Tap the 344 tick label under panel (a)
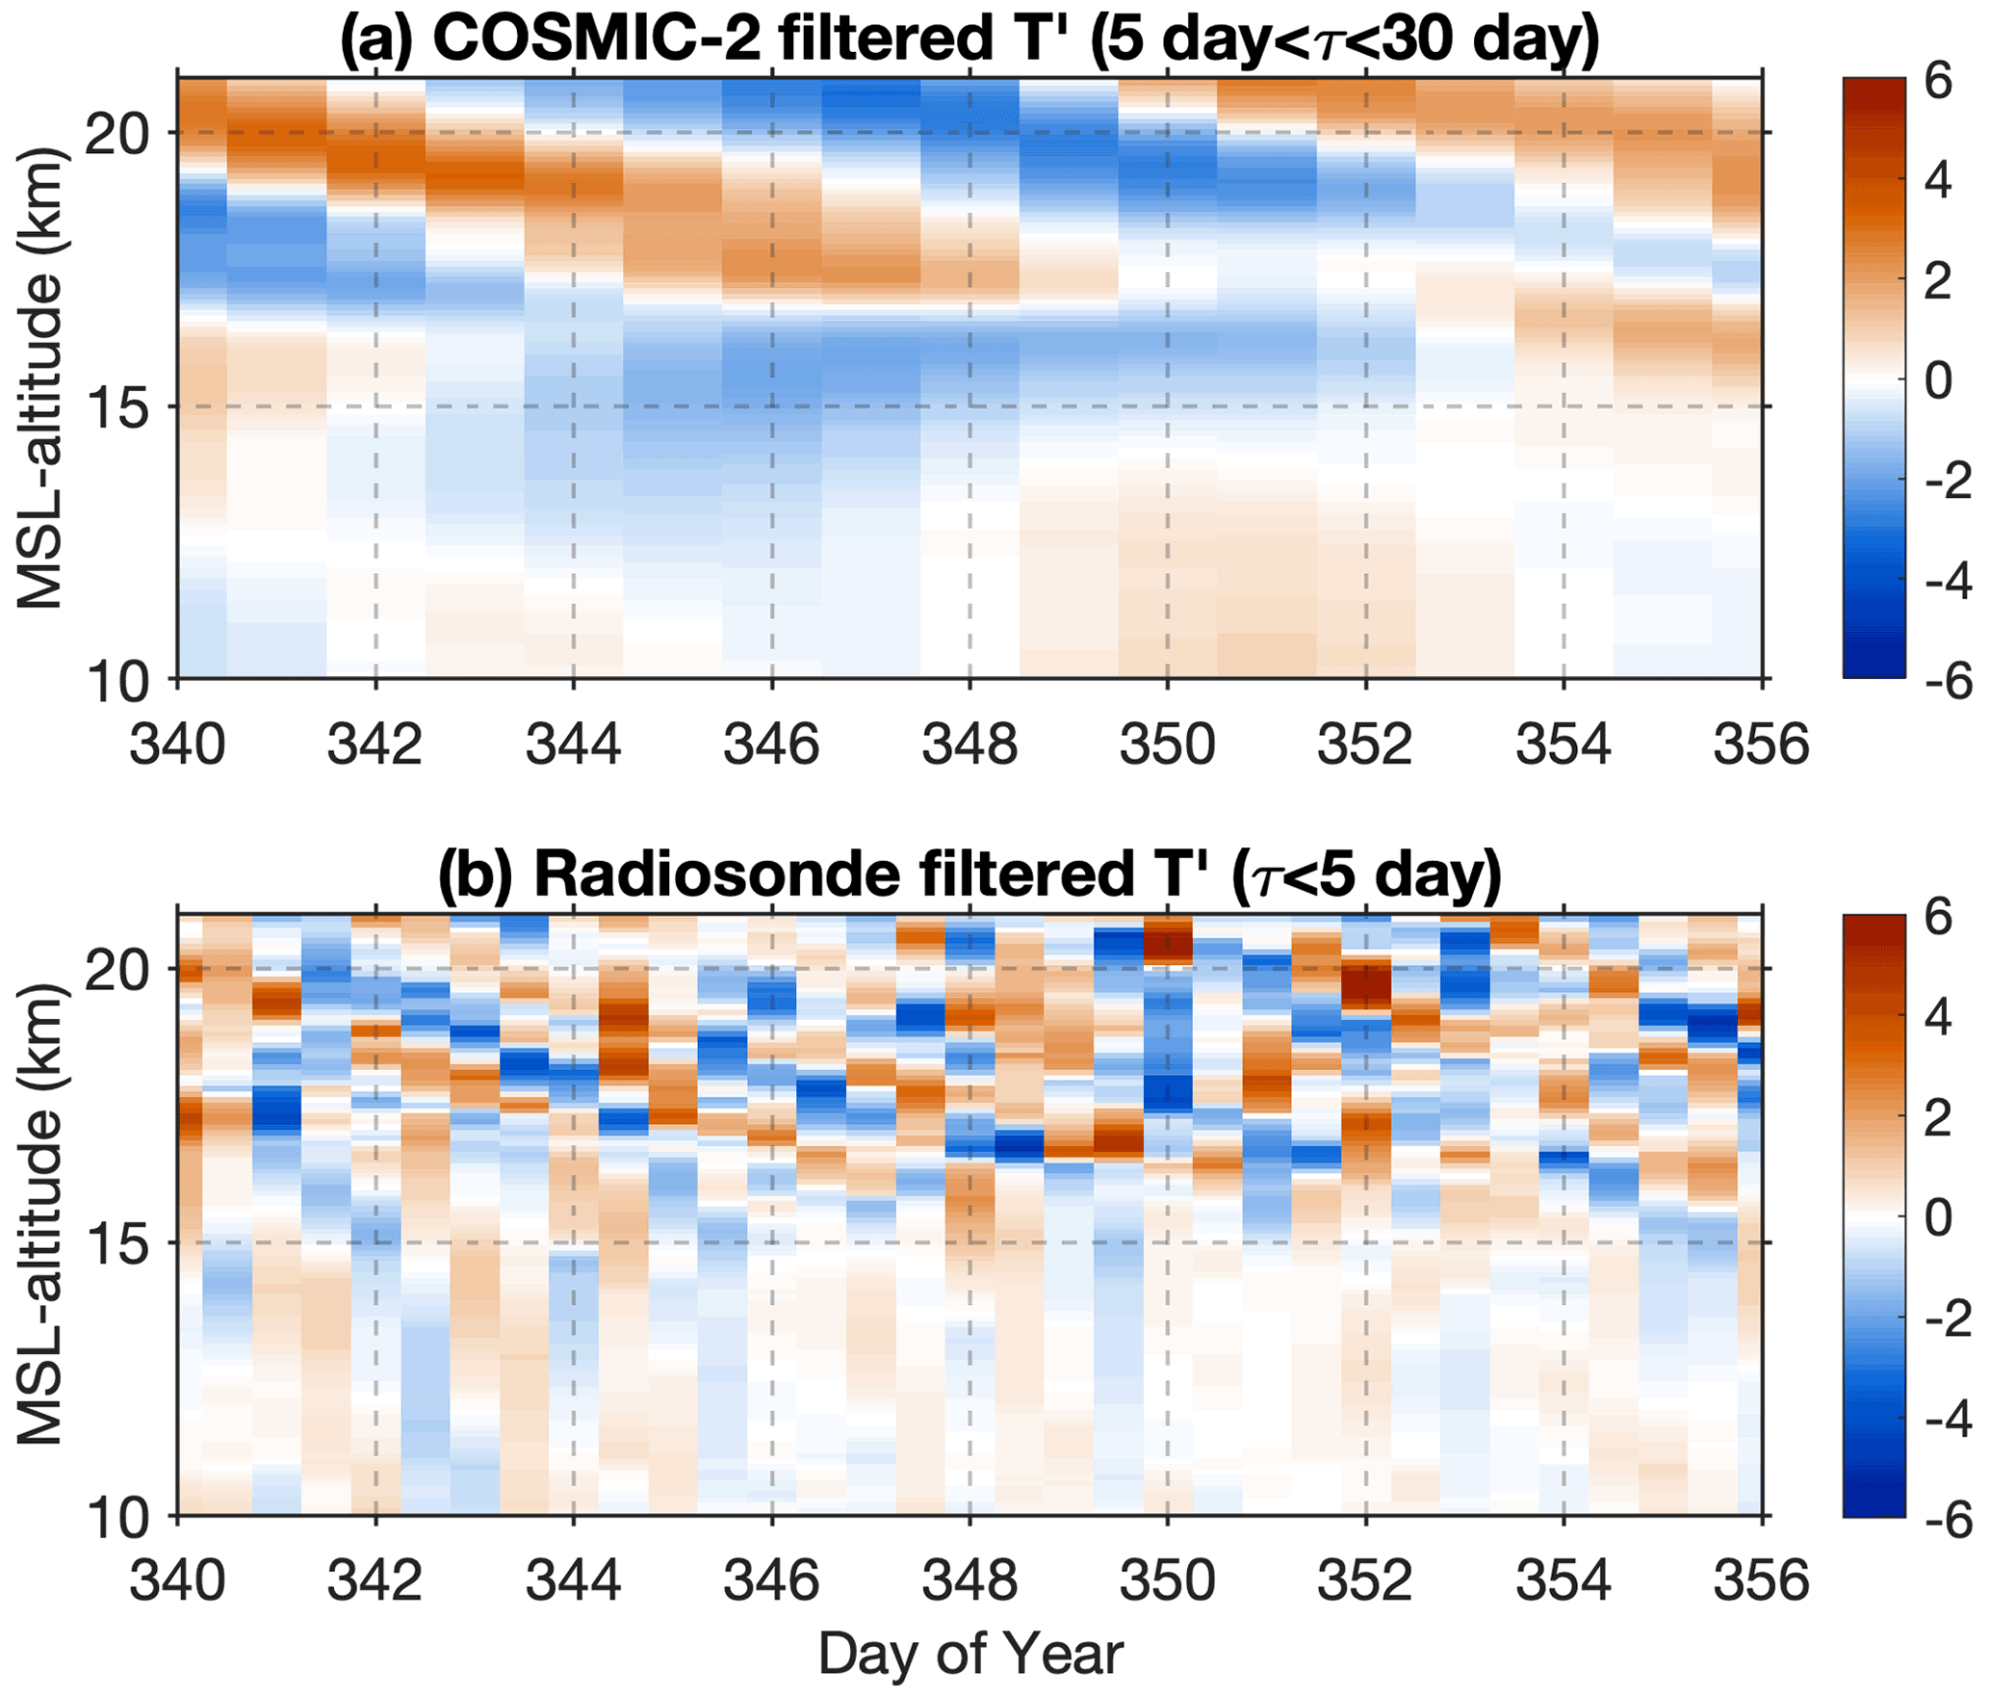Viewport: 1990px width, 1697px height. click(x=574, y=744)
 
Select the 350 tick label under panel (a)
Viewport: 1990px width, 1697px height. click(x=1167, y=744)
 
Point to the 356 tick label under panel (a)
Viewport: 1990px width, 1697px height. click(x=1761, y=744)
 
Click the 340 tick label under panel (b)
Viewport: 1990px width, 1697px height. click(x=177, y=1580)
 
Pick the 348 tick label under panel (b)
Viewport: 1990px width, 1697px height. click(x=969, y=1580)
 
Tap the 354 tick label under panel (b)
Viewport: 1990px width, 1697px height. click(x=1564, y=1580)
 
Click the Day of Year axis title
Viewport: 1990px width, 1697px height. click(x=970, y=1655)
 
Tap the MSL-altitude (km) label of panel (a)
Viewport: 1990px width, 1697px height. click(x=40, y=379)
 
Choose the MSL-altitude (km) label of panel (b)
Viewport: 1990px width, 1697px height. click(x=40, y=1215)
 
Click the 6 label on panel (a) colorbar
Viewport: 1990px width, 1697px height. click(x=1938, y=81)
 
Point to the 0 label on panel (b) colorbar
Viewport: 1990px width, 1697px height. click(x=1938, y=1217)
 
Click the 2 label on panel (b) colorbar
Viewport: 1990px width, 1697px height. click(x=1938, y=1117)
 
